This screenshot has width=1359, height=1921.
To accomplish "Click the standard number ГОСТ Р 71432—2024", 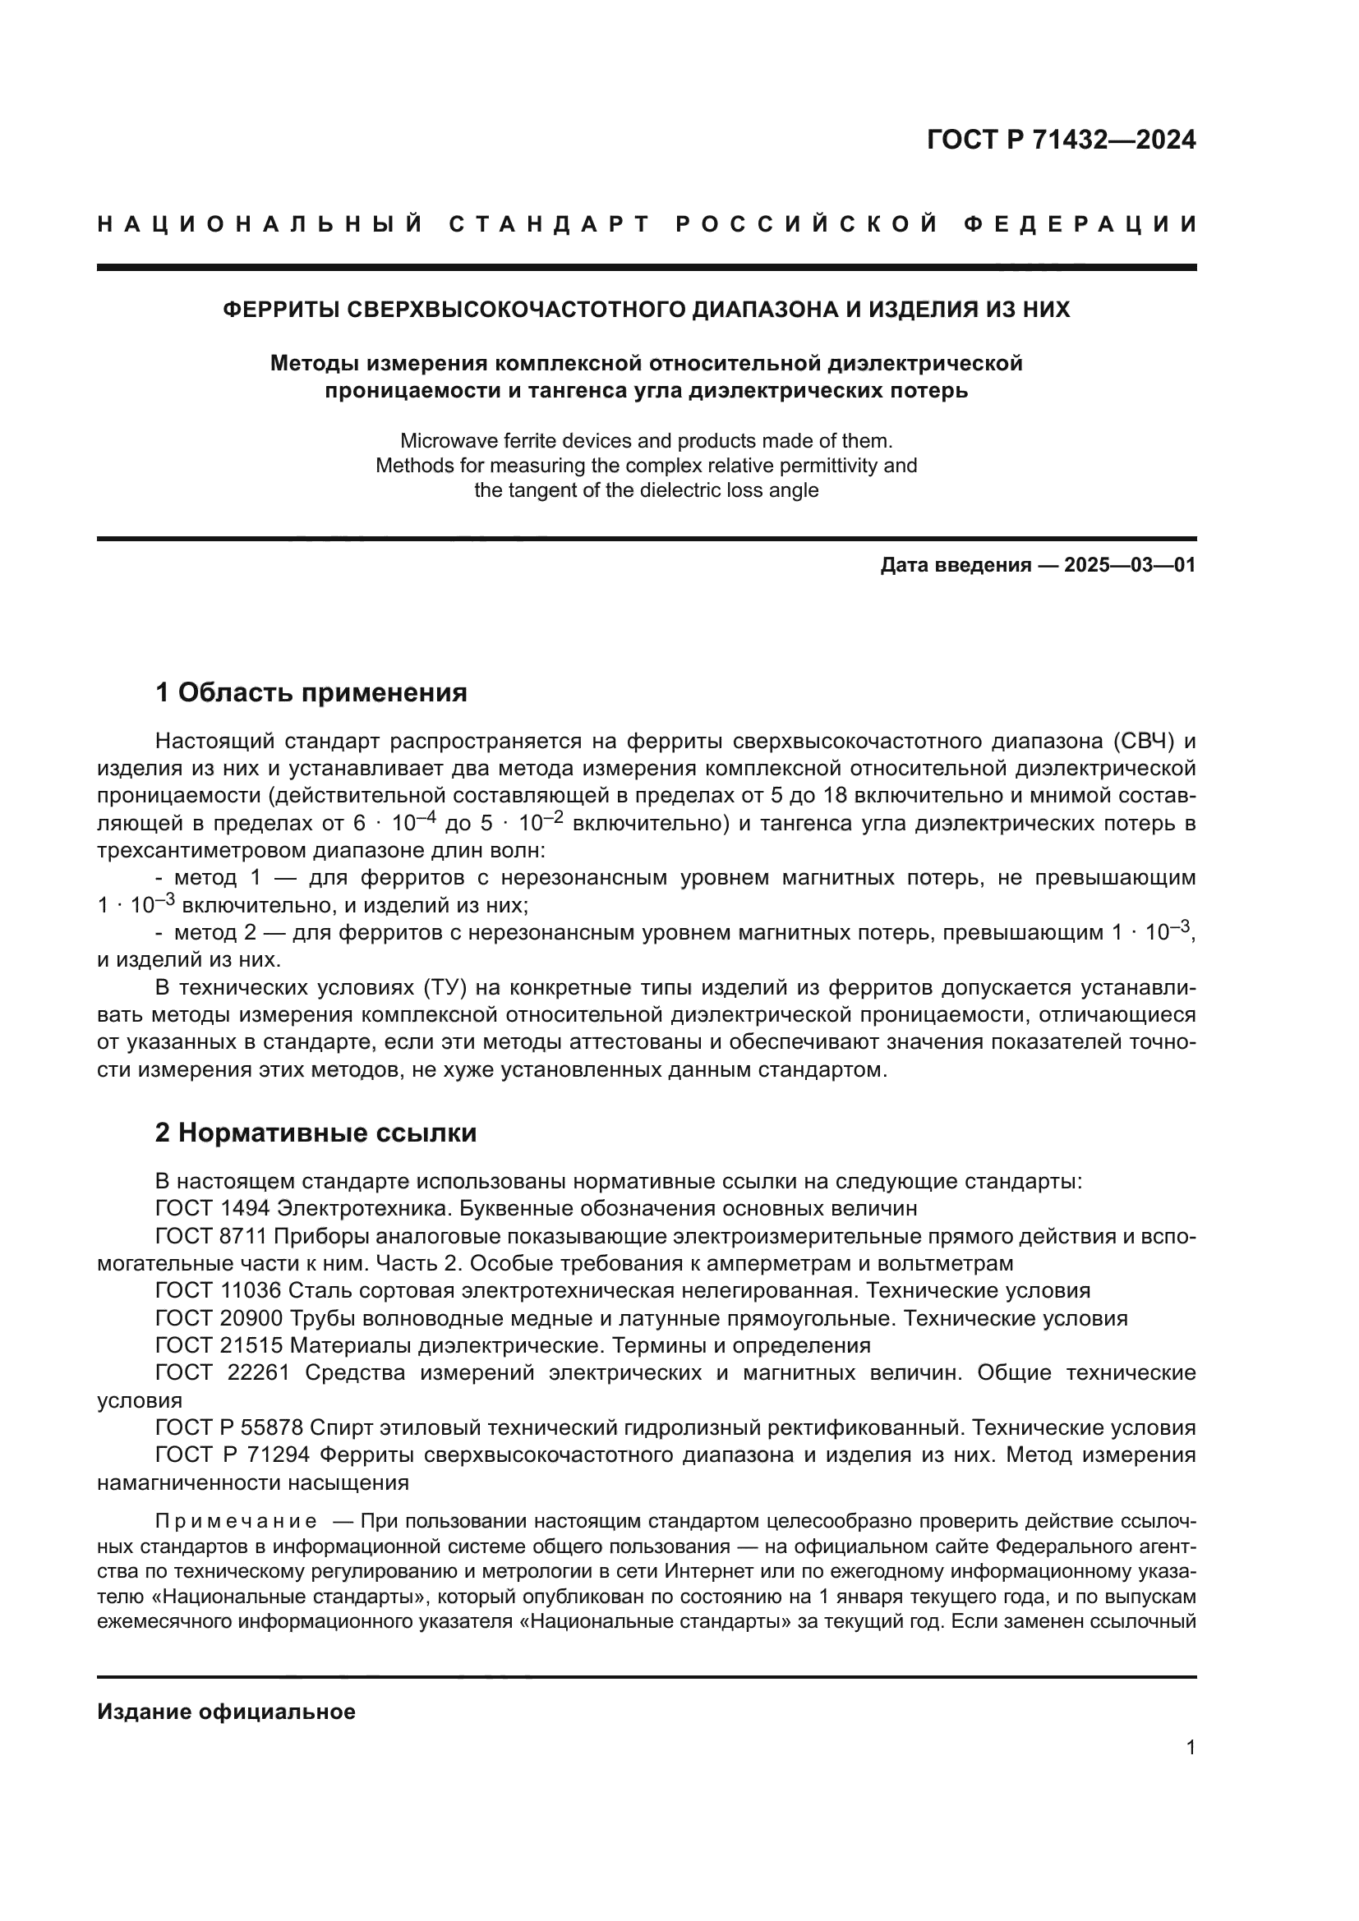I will (1061, 140).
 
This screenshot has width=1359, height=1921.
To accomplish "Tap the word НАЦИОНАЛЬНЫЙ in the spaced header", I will (260, 224).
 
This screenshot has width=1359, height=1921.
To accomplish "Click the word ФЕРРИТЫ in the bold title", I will (281, 310).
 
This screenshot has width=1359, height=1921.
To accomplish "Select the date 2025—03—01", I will (1129, 565).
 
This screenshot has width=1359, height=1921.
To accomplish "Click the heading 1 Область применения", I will (311, 693).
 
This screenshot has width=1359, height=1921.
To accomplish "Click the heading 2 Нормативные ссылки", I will (316, 1133).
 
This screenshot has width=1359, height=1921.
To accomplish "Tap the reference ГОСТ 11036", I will (219, 1291).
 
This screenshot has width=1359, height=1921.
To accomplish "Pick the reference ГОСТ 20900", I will (219, 1319).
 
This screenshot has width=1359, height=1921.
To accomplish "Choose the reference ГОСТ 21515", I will (219, 1345).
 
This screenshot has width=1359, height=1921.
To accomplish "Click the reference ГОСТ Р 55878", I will (228, 1427).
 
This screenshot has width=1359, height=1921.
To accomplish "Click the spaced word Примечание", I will (236, 1521).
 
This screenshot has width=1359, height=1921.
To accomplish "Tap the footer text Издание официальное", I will (226, 1712).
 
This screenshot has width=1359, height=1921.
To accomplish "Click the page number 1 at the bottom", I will (1190, 1748).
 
